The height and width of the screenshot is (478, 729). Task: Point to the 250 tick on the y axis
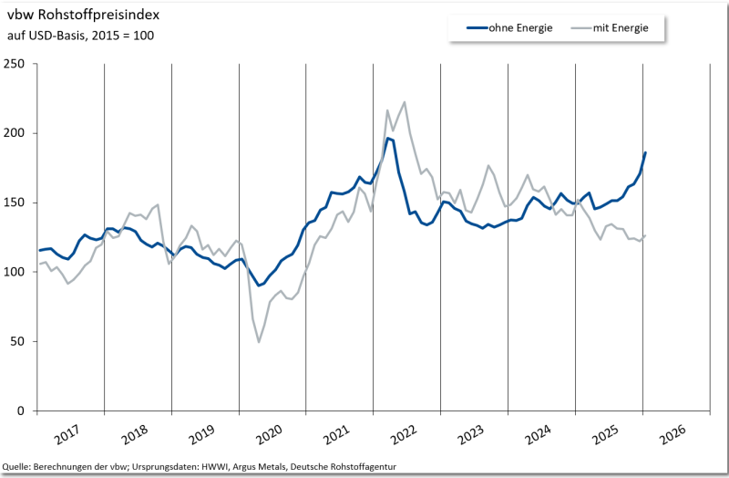click(x=15, y=64)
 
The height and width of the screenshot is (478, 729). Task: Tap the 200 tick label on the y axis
click(x=15, y=133)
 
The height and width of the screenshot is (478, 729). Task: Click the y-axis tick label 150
click(x=15, y=203)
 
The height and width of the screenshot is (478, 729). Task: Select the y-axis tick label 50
click(x=17, y=341)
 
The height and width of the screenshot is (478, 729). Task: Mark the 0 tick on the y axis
click(x=21, y=410)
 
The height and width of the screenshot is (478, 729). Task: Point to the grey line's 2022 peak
click(x=405, y=102)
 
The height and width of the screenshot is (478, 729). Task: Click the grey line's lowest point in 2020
click(x=259, y=342)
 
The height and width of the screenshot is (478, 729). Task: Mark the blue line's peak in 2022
click(x=387, y=138)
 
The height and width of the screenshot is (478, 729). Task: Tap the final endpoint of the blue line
click(x=645, y=152)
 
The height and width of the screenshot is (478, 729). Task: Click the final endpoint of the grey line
click(x=645, y=235)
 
